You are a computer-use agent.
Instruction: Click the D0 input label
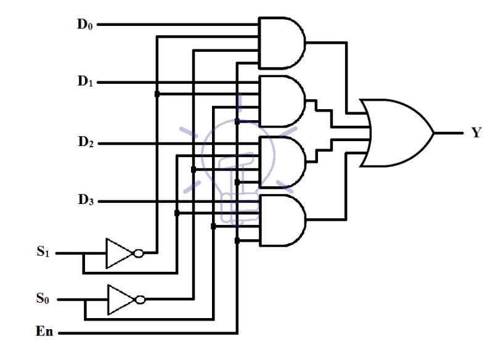tap(85, 25)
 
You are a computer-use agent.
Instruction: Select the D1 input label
tap(85, 82)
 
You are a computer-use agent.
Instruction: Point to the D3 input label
tap(85, 201)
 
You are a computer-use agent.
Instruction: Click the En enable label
tap(44, 333)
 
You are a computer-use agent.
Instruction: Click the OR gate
tap(397, 133)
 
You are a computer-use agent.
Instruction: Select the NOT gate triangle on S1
tap(118, 253)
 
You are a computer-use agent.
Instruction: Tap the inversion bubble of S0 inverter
tap(140, 300)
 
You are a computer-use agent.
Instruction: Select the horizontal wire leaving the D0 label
tap(179, 25)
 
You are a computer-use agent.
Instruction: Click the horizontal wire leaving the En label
tap(148, 333)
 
